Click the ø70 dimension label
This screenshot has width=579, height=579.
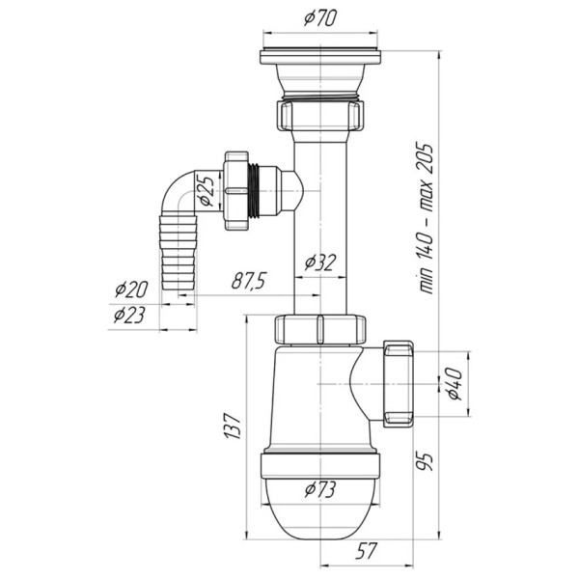(320, 18)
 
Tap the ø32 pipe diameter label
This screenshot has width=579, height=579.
(320, 262)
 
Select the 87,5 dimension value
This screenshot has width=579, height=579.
(249, 281)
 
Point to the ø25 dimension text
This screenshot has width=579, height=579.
(206, 190)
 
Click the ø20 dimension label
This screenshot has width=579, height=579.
(131, 289)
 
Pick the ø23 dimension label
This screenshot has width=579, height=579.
(129, 315)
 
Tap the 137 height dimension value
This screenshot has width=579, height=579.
(233, 426)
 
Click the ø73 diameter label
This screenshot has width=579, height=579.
(320, 489)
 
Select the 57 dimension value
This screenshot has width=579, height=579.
(366, 551)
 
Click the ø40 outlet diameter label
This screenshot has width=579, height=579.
(454, 384)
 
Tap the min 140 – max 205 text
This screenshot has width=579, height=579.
(425, 217)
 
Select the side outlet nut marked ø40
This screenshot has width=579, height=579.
(398, 384)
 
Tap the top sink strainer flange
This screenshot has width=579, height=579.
(320, 57)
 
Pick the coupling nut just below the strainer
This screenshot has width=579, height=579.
(320, 115)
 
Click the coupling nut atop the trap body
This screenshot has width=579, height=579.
(320, 329)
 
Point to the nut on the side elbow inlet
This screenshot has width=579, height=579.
(236, 190)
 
